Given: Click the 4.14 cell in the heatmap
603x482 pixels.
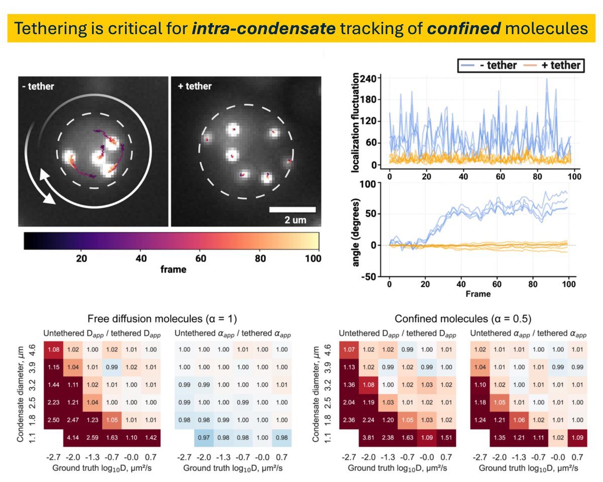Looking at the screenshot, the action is pyautogui.click(x=73, y=438).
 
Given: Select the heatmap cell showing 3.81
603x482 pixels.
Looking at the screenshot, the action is pyautogui.click(x=368, y=438).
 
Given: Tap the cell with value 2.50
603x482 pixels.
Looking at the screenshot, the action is pyautogui.click(x=53, y=420).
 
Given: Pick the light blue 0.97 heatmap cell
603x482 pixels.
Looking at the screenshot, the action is pyautogui.click(x=204, y=438).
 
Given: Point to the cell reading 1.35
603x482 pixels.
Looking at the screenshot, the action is pyautogui.click(x=499, y=438).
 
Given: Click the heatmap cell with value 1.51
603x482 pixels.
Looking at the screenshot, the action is pyautogui.click(x=446, y=438).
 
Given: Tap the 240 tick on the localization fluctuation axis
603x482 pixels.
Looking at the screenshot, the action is pyautogui.click(x=368, y=79).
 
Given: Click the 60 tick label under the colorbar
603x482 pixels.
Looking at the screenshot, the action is pyautogui.click(x=200, y=258).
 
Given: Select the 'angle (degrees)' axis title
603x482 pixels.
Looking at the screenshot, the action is pyautogui.click(x=355, y=233).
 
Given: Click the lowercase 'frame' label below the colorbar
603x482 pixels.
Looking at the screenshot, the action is pyautogui.click(x=173, y=270).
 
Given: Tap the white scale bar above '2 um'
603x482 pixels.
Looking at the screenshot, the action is pyautogui.click(x=292, y=209).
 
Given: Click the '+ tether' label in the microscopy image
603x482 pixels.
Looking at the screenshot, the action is pyautogui.click(x=195, y=86).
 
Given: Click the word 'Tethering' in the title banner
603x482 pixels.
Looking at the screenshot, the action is pyautogui.click(x=50, y=29).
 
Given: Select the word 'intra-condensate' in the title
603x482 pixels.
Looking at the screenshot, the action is pyautogui.click(x=264, y=29).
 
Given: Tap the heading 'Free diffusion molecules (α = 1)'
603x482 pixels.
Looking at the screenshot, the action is pyautogui.click(x=162, y=319).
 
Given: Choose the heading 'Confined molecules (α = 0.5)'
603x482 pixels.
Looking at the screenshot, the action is pyautogui.click(x=463, y=319).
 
